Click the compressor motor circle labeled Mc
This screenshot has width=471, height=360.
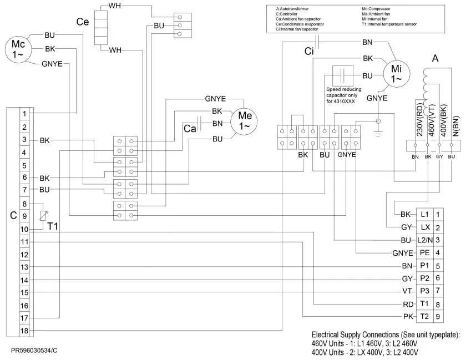point(16,49)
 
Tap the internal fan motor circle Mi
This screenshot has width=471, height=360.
point(396,73)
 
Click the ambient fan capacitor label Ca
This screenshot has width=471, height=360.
point(190,128)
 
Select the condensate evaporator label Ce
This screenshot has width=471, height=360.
point(82,22)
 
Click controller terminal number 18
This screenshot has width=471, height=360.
point(24,331)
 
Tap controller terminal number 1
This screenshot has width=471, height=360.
point(24,114)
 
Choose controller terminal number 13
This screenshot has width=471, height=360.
point(24,267)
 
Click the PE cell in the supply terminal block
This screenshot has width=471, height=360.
point(425,252)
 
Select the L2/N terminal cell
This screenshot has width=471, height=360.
point(425,240)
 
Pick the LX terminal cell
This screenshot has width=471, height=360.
point(425,227)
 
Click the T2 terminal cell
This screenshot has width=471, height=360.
point(425,316)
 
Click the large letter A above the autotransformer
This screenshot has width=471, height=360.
point(435,58)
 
